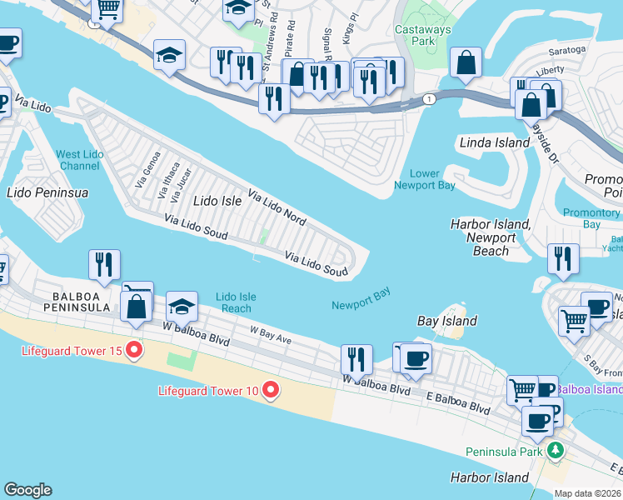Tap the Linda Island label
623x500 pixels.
[495, 142]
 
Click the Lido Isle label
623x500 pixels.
[217, 201]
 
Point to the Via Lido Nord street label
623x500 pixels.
[276, 205]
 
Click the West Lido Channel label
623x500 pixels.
[80, 160]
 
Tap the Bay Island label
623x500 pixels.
[446, 321]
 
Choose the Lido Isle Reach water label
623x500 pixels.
[235, 302]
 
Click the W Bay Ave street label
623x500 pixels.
[271, 334]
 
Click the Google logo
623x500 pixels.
[27, 490]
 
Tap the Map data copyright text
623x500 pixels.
[588, 493]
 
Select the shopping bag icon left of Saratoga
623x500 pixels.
[466, 62]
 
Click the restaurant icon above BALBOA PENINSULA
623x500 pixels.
[104, 265]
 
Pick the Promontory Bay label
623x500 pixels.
[591, 218]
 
